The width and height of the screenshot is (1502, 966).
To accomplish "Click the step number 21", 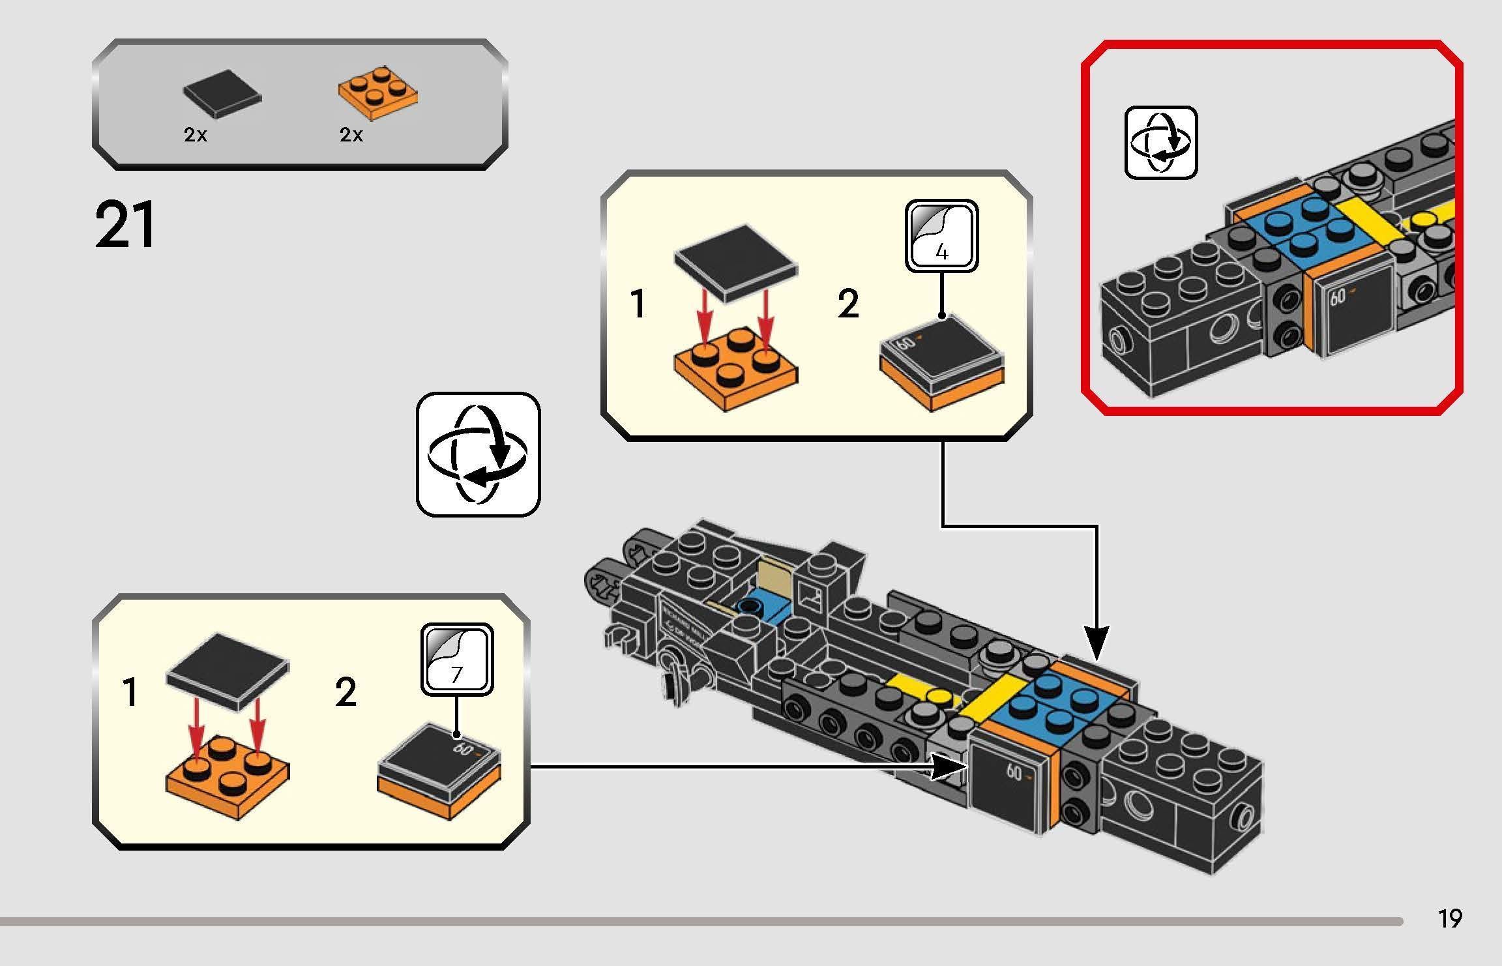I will pos(126,225).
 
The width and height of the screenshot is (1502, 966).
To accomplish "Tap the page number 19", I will pos(1450,918).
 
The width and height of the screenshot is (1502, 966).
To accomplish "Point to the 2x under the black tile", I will pos(196,135).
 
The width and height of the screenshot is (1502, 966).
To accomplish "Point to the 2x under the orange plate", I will pos(351,135).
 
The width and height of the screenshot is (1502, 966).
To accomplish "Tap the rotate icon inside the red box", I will pos(1161,142).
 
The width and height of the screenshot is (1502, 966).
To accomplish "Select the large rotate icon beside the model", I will pos(478,454).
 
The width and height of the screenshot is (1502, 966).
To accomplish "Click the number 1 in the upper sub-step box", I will pos(638,304).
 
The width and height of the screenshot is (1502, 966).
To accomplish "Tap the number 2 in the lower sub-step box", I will pos(346,692).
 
